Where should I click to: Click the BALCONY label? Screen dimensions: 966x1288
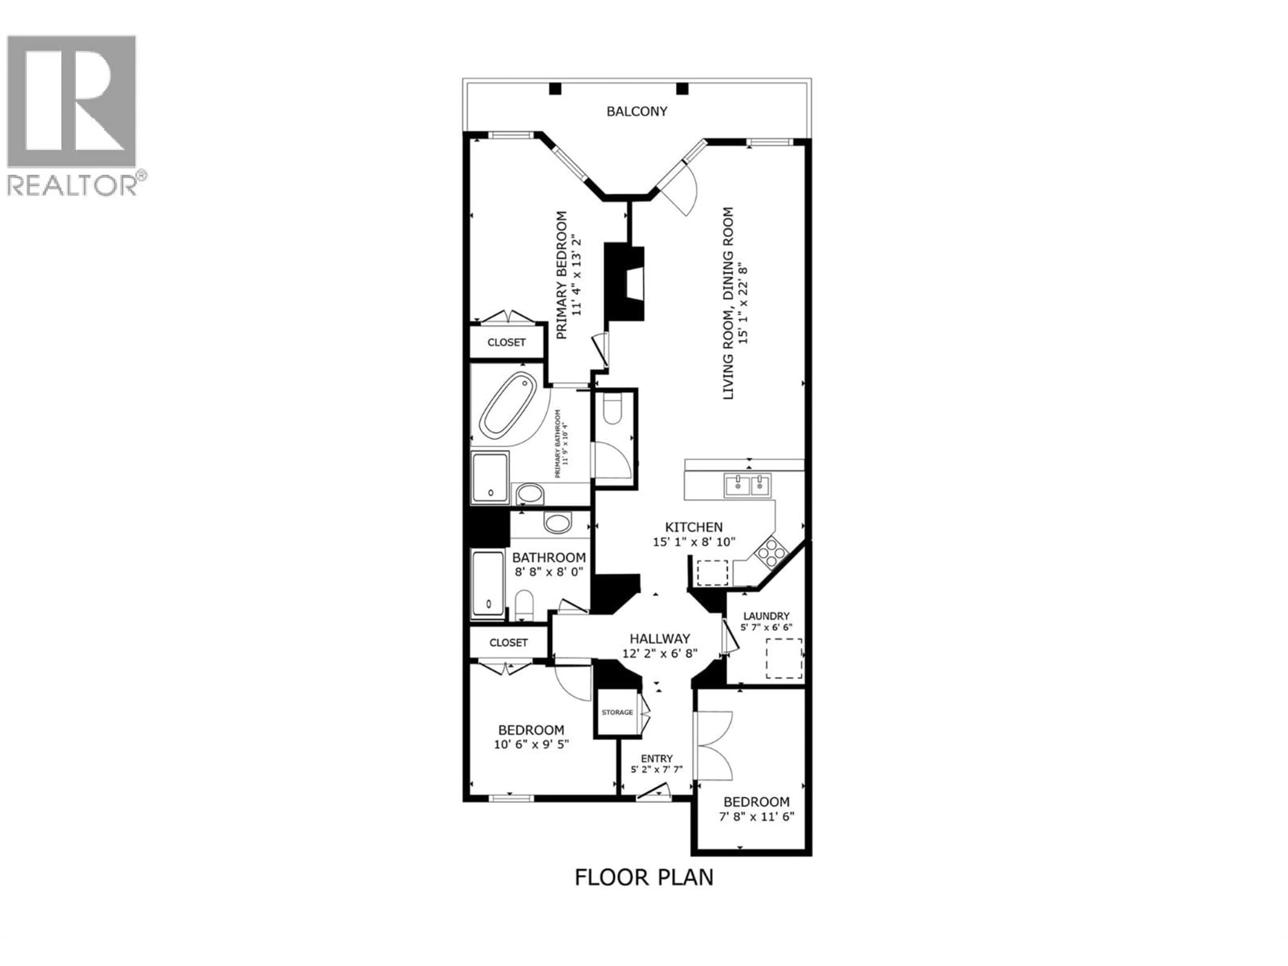click(636, 111)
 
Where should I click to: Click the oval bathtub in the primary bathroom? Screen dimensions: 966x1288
click(508, 405)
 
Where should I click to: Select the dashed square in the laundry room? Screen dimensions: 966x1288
click(784, 658)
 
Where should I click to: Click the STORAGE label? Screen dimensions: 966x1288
click(617, 712)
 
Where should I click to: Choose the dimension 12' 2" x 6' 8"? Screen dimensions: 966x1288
click(660, 653)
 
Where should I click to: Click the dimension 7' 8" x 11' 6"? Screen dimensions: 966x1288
click(756, 816)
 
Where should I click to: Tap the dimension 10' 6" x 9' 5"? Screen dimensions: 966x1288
click(531, 744)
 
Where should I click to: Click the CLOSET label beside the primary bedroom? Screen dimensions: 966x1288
click(506, 342)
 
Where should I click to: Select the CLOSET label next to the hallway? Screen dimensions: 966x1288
click(508, 642)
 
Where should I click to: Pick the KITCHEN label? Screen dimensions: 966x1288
click(694, 527)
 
